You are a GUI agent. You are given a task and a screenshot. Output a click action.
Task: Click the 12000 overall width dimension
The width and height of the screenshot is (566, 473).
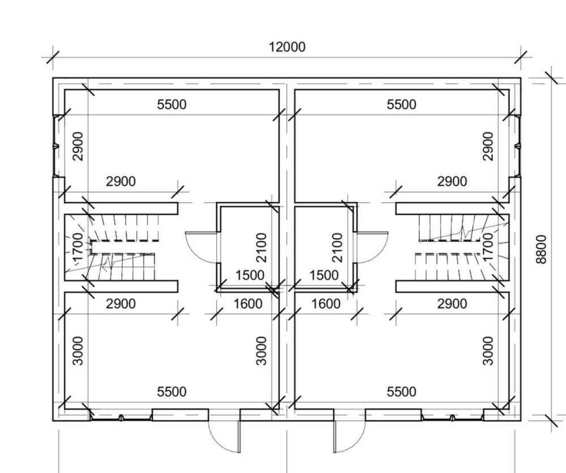(x=287, y=47)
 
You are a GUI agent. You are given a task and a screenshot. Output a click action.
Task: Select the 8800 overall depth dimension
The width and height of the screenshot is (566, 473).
(x=542, y=249)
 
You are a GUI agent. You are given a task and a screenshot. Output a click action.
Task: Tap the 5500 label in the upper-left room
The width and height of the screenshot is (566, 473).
(x=172, y=104)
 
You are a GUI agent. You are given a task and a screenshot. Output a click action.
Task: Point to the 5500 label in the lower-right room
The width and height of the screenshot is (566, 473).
(x=401, y=391)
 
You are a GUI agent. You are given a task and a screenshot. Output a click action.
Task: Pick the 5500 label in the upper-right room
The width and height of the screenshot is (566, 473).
(x=401, y=104)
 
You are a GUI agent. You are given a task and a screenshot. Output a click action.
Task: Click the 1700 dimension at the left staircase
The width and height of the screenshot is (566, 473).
(x=78, y=247)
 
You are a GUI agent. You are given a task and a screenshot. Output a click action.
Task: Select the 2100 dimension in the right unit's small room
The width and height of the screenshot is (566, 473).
(x=336, y=247)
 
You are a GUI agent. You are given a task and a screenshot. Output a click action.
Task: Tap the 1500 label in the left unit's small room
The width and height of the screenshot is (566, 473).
(x=250, y=275)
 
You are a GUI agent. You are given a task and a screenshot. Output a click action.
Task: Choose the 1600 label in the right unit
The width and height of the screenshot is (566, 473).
(x=325, y=304)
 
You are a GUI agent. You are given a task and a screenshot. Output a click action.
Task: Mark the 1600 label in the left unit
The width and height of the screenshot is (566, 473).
(x=248, y=304)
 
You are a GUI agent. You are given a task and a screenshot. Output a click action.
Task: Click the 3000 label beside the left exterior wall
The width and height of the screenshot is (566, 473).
(x=78, y=351)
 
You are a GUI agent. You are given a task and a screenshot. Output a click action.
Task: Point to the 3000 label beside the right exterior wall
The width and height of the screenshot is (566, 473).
(x=488, y=351)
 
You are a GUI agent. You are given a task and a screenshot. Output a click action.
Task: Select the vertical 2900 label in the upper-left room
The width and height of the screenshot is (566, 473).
(x=78, y=146)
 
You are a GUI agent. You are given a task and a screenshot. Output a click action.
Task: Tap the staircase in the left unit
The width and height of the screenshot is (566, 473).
(x=112, y=248)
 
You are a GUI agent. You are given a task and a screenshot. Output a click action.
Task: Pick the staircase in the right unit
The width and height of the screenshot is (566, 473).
(x=462, y=248)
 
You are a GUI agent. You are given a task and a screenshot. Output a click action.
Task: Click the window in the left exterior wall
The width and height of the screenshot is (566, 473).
(x=55, y=146)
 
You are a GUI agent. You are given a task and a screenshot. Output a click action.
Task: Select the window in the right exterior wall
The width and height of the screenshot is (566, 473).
(x=518, y=146)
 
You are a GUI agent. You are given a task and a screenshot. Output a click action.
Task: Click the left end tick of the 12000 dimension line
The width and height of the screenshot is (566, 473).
(x=53, y=57)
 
